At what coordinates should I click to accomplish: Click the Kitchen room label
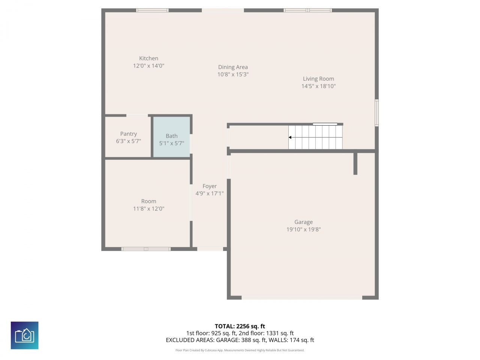pyautogui.click(x=148, y=58)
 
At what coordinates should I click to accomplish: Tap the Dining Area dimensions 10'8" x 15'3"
pyautogui.click(x=233, y=74)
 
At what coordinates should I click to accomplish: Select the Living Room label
pyautogui.click(x=318, y=79)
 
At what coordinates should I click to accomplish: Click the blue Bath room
pyautogui.click(x=172, y=136)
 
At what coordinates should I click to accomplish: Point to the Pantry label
pyautogui.click(x=128, y=134)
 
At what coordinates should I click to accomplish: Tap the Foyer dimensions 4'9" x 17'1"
pyautogui.click(x=209, y=193)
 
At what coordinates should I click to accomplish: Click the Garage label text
pyautogui.click(x=303, y=222)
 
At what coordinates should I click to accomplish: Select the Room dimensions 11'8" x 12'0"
pyautogui.click(x=148, y=208)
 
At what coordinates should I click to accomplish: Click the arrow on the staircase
pyautogui.click(x=291, y=138)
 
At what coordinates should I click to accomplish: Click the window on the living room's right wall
pyautogui.click(x=377, y=112)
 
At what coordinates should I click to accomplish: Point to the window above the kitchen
pyautogui.click(x=152, y=10)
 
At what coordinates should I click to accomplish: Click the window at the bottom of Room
pyautogui.click(x=146, y=249)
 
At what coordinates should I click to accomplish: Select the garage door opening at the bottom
pyautogui.click(x=302, y=298)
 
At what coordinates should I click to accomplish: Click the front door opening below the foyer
pyautogui.click(x=210, y=249)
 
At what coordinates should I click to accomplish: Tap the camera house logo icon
pyautogui.click(x=25, y=335)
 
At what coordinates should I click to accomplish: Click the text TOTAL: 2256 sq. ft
pyautogui.click(x=240, y=326)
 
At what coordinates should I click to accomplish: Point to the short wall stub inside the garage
pyautogui.click(x=355, y=163)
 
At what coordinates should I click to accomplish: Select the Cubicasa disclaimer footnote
pyautogui.click(x=240, y=350)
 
